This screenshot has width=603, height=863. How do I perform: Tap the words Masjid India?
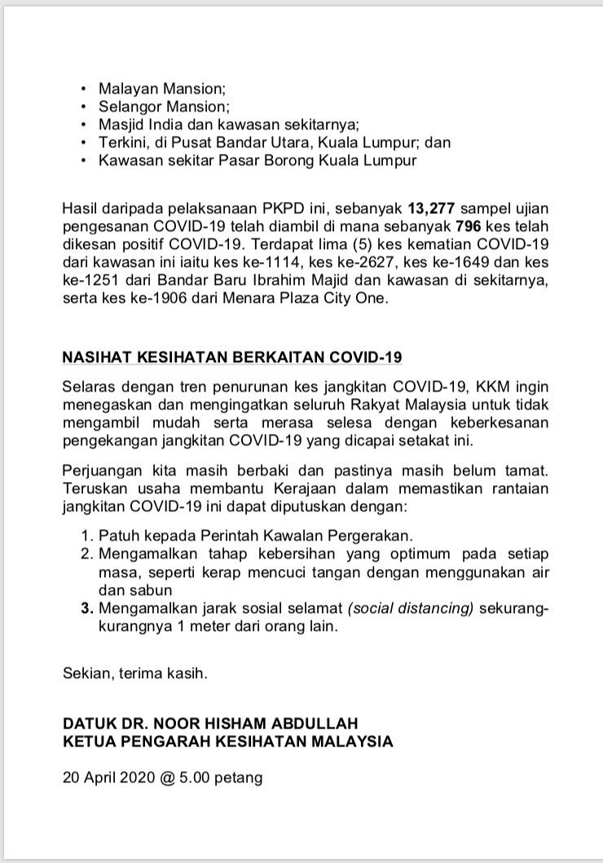[x=139, y=124]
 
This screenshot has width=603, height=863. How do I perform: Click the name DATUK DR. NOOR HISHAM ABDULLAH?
[x=210, y=723]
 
